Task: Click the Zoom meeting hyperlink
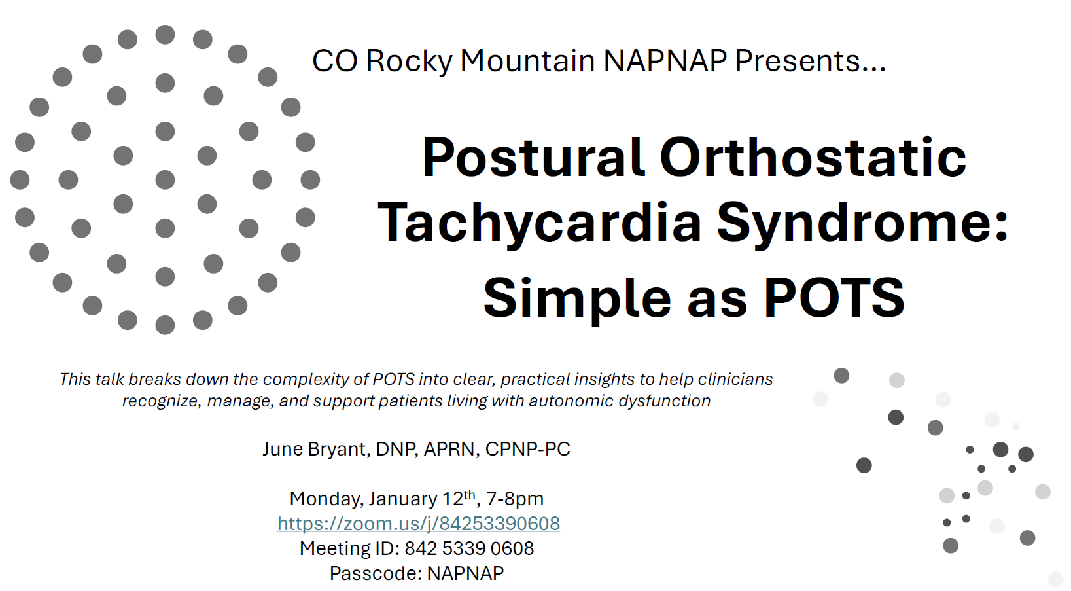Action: [x=418, y=523]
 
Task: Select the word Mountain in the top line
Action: [x=527, y=61]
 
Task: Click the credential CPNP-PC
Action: [x=528, y=449]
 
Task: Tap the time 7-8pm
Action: [x=515, y=499]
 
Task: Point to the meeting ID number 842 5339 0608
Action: [x=469, y=548]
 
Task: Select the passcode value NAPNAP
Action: [x=465, y=573]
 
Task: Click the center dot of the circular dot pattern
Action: [x=165, y=180]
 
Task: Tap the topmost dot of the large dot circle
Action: [x=165, y=35]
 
